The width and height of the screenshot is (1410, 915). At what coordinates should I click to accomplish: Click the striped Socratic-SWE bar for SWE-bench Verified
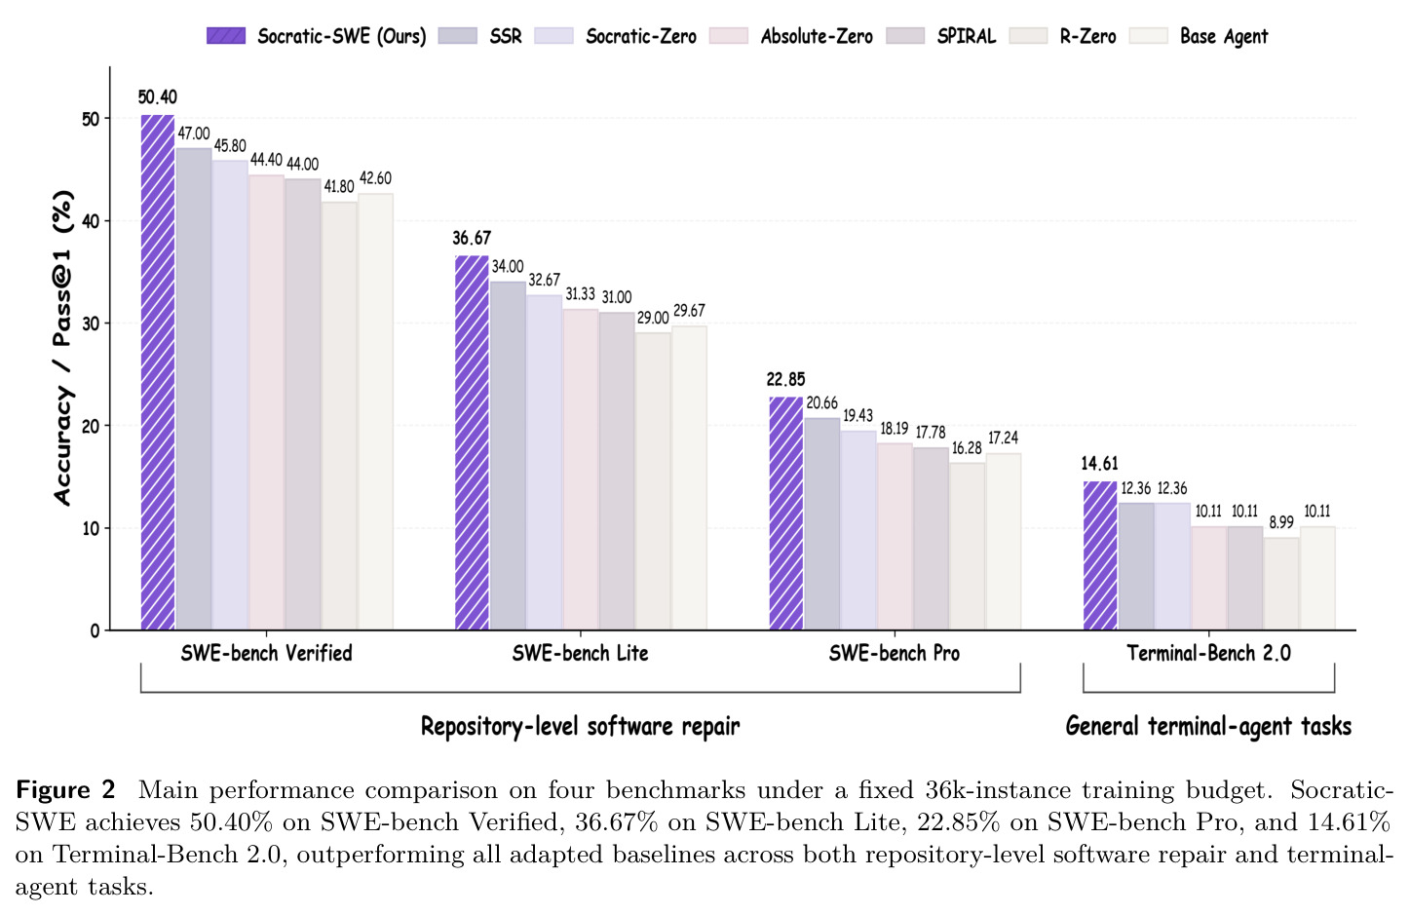(x=157, y=372)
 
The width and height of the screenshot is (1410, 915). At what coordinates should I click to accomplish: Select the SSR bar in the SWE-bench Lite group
(x=508, y=456)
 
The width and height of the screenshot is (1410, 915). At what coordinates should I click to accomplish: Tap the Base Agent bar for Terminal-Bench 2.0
(x=1317, y=578)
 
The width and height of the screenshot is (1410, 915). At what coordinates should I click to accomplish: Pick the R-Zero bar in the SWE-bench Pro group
(x=967, y=547)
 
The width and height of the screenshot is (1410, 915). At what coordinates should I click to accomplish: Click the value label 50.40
(x=157, y=96)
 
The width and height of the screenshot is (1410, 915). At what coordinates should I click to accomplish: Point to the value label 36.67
(x=472, y=238)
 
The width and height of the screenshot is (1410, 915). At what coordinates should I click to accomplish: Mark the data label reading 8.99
(x=1281, y=522)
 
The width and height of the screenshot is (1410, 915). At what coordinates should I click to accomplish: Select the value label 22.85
(x=785, y=379)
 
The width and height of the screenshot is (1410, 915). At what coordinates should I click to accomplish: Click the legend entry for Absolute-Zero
(x=791, y=36)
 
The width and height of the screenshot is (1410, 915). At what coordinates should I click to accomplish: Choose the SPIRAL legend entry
(x=941, y=36)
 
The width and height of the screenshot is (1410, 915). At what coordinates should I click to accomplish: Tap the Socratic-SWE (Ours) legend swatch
(x=226, y=36)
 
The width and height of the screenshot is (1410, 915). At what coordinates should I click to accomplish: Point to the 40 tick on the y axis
(x=91, y=221)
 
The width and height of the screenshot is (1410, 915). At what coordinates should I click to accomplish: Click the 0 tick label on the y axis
(x=95, y=630)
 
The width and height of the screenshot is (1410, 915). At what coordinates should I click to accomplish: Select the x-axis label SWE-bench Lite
(x=580, y=653)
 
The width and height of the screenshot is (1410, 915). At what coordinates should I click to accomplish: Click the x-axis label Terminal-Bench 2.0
(x=1208, y=653)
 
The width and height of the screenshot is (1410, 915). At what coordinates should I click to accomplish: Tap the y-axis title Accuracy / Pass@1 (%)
(x=63, y=348)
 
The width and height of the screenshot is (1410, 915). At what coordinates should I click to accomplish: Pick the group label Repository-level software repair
(x=580, y=726)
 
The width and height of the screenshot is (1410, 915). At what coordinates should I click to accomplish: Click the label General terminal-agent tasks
(x=1208, y=726)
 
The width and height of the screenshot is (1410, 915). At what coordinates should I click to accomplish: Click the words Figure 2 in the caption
(x=65, y=789)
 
